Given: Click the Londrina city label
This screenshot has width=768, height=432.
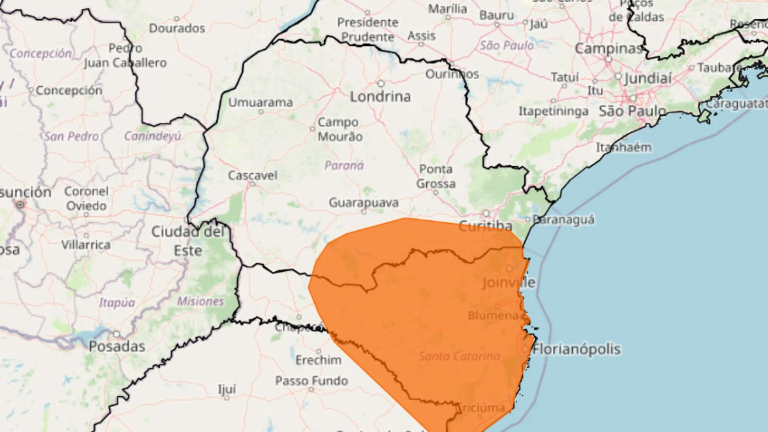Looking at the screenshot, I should click(x=380, y=97).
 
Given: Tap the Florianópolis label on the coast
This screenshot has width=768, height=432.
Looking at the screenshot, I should click(x=576, y=349).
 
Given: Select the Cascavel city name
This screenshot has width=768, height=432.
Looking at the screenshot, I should click(x=252, y=175).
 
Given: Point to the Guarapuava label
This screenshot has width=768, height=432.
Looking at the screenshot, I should click(x=364, y=203).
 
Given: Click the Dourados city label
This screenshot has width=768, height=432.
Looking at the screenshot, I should click(x=177, y=28).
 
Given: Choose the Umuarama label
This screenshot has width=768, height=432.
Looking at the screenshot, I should click(x=260, y=102).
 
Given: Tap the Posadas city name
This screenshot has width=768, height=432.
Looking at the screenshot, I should click(x=117, y=346).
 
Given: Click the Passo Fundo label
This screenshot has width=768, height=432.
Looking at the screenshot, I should click(x=312, y=381).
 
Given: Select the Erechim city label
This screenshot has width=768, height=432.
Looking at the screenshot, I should click(x=318, y=360).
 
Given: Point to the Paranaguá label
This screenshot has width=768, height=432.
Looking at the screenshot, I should click(x=564, y=220).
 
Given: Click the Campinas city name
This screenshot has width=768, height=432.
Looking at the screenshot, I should click(x=608, y=49).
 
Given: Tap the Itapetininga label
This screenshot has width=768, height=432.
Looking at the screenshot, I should click(x=553, y=111).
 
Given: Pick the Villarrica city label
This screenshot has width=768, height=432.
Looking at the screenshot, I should click(x=86, y=244).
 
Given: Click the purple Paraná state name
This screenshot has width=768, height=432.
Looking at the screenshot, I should click(x=344, y=165).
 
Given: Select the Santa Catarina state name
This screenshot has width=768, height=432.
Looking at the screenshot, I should click(x=459, y=356).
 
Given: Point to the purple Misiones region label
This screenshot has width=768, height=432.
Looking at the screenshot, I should click(x=200, y=301).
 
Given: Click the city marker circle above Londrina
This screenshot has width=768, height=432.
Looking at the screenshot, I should click(x=381, y=84).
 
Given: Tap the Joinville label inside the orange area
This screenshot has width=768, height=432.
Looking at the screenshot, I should click(x=508, y=282).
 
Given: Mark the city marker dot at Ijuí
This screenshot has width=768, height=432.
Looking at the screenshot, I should click(x=227, y=398).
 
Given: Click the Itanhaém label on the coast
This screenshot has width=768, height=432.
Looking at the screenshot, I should click(x=624, y=148).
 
